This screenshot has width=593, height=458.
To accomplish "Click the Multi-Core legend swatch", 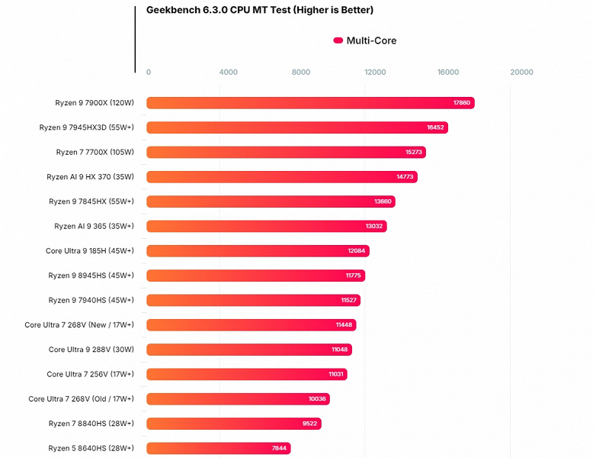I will [338, 40].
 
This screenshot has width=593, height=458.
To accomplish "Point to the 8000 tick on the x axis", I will [301, 73].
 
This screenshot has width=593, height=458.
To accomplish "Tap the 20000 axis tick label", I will [521, 73].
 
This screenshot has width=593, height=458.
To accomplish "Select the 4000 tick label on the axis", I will [228, 73].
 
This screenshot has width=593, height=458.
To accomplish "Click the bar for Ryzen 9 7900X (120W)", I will [310, 103].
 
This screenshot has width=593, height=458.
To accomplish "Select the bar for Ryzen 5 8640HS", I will [219, 448].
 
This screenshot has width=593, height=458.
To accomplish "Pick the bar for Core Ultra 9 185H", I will [258, 251].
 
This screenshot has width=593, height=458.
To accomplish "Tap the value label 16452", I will [435, 127].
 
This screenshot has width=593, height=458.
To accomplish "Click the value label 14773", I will [405, 177].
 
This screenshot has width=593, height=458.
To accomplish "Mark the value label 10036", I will [317, 399].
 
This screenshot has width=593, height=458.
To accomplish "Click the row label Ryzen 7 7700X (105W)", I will [95, 152].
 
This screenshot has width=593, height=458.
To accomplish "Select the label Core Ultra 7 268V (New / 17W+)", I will [79, 324].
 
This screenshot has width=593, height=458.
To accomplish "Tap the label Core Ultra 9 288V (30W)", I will [91, 350].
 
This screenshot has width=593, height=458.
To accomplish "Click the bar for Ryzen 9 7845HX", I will [271, 202].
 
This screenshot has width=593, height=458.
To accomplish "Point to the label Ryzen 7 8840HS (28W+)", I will [91, 423].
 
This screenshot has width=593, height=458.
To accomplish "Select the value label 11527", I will [348, 300].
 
